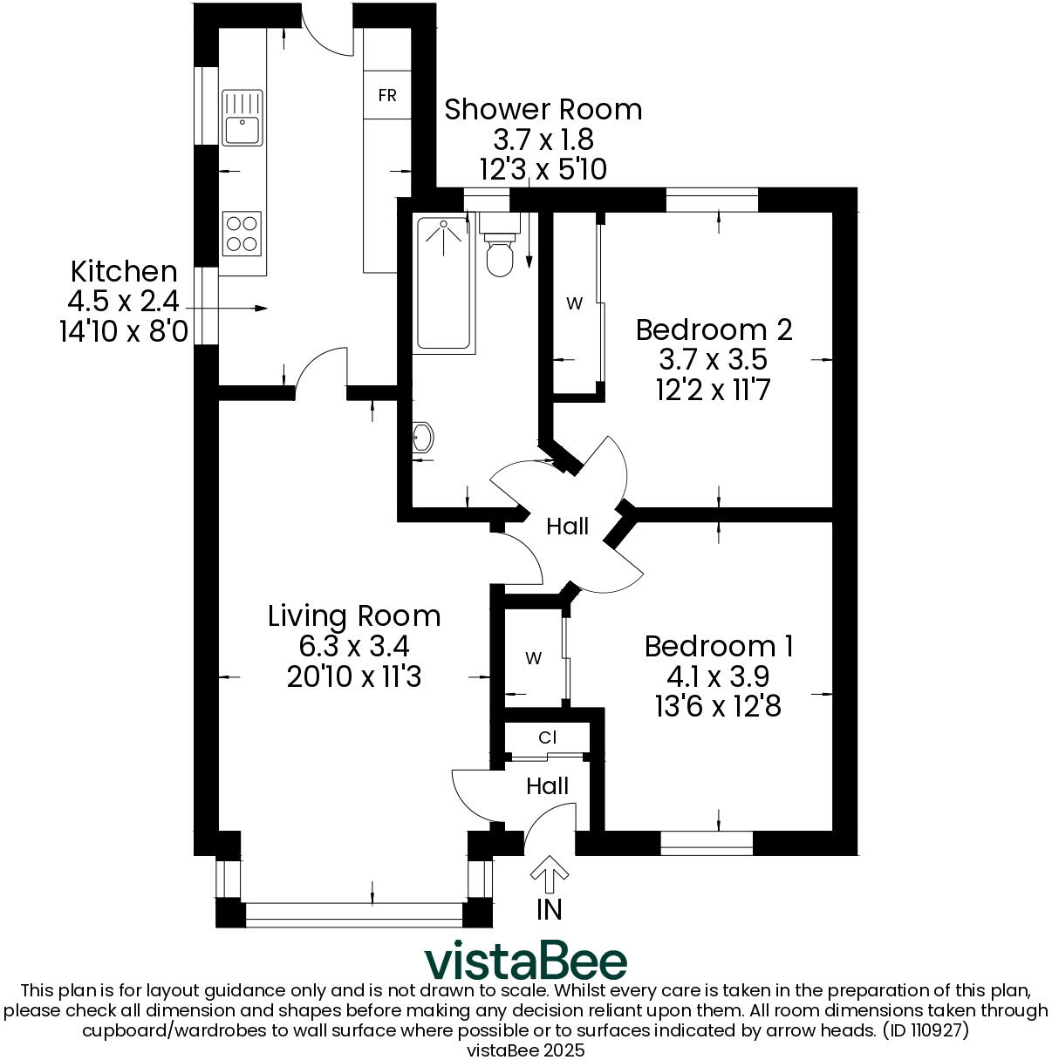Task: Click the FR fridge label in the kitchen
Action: [x=387, y=95]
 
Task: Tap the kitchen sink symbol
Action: [x=242, y=118]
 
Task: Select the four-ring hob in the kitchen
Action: [x=242, y=234]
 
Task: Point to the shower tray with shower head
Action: [x=446, y=283]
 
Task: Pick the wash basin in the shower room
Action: [x=422, y=438]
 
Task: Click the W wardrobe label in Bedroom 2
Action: [x=574, y=303]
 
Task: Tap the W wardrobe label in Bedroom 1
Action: [x=533, y=658]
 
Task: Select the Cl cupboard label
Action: [x=547, y=737]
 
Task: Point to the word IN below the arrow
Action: [x=549, y=909]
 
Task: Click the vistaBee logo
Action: [x=525, y=961]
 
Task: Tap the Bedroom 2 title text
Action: [x=714, y=330]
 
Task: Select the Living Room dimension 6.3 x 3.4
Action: [x=353, y=646]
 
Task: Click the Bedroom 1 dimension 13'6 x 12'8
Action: [x=718, y=705]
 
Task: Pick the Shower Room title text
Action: [x=543, y=110]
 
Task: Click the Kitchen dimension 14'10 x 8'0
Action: [x=123, y=331]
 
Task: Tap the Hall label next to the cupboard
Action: [x=547, y=786]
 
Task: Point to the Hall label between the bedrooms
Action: [x=567, y=527]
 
